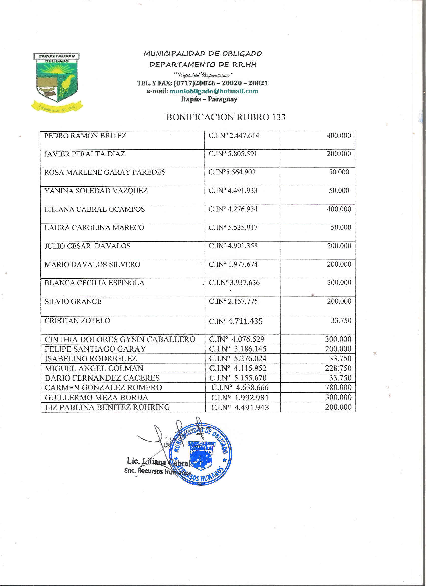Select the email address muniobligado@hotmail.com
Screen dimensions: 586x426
click(x=214, y=91)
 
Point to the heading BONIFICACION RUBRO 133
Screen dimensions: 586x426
click(x=226, y=117)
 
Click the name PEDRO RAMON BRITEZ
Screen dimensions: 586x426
click(x=85, y=136)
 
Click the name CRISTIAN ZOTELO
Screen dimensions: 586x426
click(x=77, y=321)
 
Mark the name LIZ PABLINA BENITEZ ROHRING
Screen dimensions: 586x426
click(x=107, y=407)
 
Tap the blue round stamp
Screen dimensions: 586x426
click(x=201, y=454)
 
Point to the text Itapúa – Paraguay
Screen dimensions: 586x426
click(x=209, y=99)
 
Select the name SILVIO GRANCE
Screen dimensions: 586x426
click(x=73, y=301)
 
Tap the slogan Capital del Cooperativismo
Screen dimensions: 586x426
click(x=203, y=75)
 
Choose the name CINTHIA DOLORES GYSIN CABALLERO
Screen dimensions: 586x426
click(x=120, y=339)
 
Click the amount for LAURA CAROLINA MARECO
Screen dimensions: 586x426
click(x=341, y=227)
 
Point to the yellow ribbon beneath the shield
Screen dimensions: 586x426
click(x=57, y=107)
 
